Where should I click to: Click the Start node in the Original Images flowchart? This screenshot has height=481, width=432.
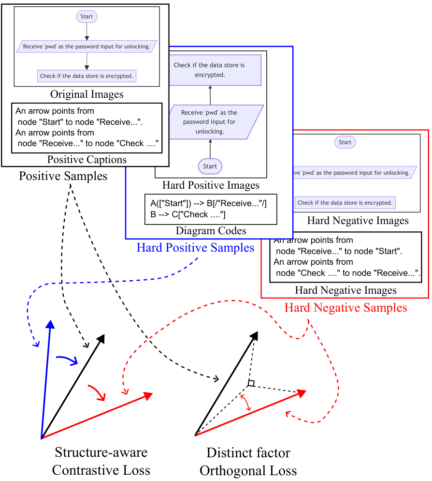86,16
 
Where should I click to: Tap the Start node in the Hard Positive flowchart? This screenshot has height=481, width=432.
210,166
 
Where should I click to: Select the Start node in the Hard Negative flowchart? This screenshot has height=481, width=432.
345,142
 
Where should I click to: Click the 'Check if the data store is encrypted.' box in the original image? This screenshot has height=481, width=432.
86,76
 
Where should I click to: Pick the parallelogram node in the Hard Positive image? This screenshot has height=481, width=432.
210,122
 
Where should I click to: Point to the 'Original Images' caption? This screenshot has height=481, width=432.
86,94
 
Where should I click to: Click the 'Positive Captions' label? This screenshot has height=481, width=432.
86,159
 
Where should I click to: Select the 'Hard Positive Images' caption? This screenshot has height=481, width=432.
211,185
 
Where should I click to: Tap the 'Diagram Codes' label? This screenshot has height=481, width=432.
211,231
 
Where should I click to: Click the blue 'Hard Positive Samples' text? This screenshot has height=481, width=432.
195,248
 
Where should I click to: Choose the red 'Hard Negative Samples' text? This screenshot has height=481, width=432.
346,307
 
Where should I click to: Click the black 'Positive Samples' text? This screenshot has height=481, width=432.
63,176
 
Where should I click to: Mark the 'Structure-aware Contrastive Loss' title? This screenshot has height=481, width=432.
101,461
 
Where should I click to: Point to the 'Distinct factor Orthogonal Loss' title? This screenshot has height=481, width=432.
248,462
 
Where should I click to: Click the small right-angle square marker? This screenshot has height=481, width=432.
251,383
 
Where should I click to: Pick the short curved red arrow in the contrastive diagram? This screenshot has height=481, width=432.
97,392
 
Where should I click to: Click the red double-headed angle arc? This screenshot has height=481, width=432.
246,402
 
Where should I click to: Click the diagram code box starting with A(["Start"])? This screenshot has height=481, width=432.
211,209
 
